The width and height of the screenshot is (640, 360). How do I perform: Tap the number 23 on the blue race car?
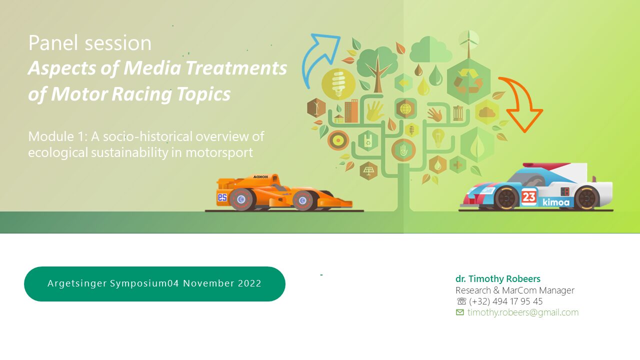coord(528,197)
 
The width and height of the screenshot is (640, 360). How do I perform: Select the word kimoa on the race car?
coord(555,202)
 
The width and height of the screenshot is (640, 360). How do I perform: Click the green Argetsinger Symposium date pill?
coord(154,283)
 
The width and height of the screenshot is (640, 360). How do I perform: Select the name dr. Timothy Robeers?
coord(497,278)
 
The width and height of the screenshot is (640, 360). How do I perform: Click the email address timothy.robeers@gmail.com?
coord(523,312)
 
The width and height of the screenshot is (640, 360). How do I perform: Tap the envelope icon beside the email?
coord(459,312)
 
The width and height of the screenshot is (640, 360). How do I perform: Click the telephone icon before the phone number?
coord(461,301)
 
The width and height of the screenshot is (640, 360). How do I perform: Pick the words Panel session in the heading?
coord(89,43)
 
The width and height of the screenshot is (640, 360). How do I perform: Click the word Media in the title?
coord(152,68)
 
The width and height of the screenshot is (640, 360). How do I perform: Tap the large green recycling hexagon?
coord(468,82)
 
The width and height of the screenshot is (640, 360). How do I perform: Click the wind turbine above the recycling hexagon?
coord(468,43)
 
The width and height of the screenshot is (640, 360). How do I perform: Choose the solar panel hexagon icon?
coord(368,171)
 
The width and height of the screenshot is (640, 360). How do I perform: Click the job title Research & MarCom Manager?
coord(515,290)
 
